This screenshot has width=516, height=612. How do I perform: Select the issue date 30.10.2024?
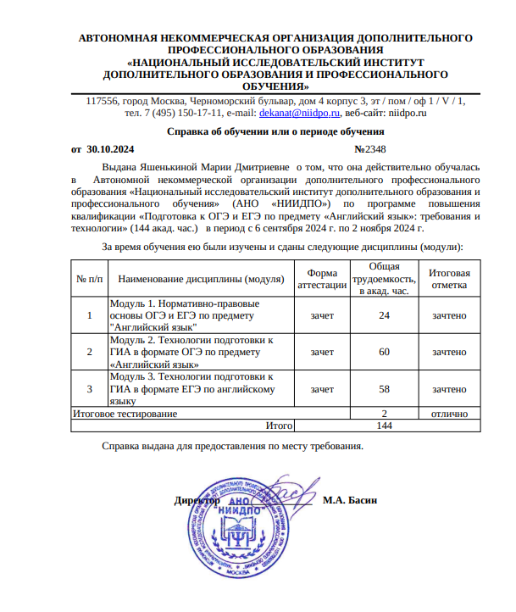coord(111,148)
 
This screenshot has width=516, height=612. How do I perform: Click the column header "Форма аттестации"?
coord(322,279)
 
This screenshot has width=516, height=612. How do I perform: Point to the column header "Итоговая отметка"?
coord(449,279)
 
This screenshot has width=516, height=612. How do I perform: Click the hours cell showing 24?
coord(384,315)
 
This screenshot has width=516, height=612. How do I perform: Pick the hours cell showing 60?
coord(384,352)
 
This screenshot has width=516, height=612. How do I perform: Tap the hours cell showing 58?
coord(384,389)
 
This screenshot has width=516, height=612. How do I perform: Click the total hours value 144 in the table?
coord(384,426)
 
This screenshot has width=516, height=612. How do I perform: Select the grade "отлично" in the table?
coord(449,414)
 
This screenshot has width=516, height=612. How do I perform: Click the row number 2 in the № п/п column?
coord(90,352)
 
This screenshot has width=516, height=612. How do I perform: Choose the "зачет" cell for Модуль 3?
coord(322,389)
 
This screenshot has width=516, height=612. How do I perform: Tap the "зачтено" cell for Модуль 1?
coord(449,315)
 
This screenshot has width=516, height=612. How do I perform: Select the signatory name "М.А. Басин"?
coord(350,500)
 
